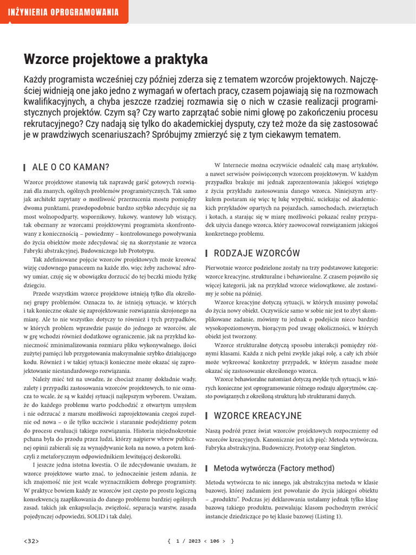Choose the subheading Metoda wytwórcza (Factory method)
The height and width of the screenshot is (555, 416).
(x=274, y=468)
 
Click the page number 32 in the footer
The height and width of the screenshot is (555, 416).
(x=31, y=541)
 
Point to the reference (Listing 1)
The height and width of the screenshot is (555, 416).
(x=325, y=517)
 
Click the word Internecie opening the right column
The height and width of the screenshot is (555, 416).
(x=238, y=165)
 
